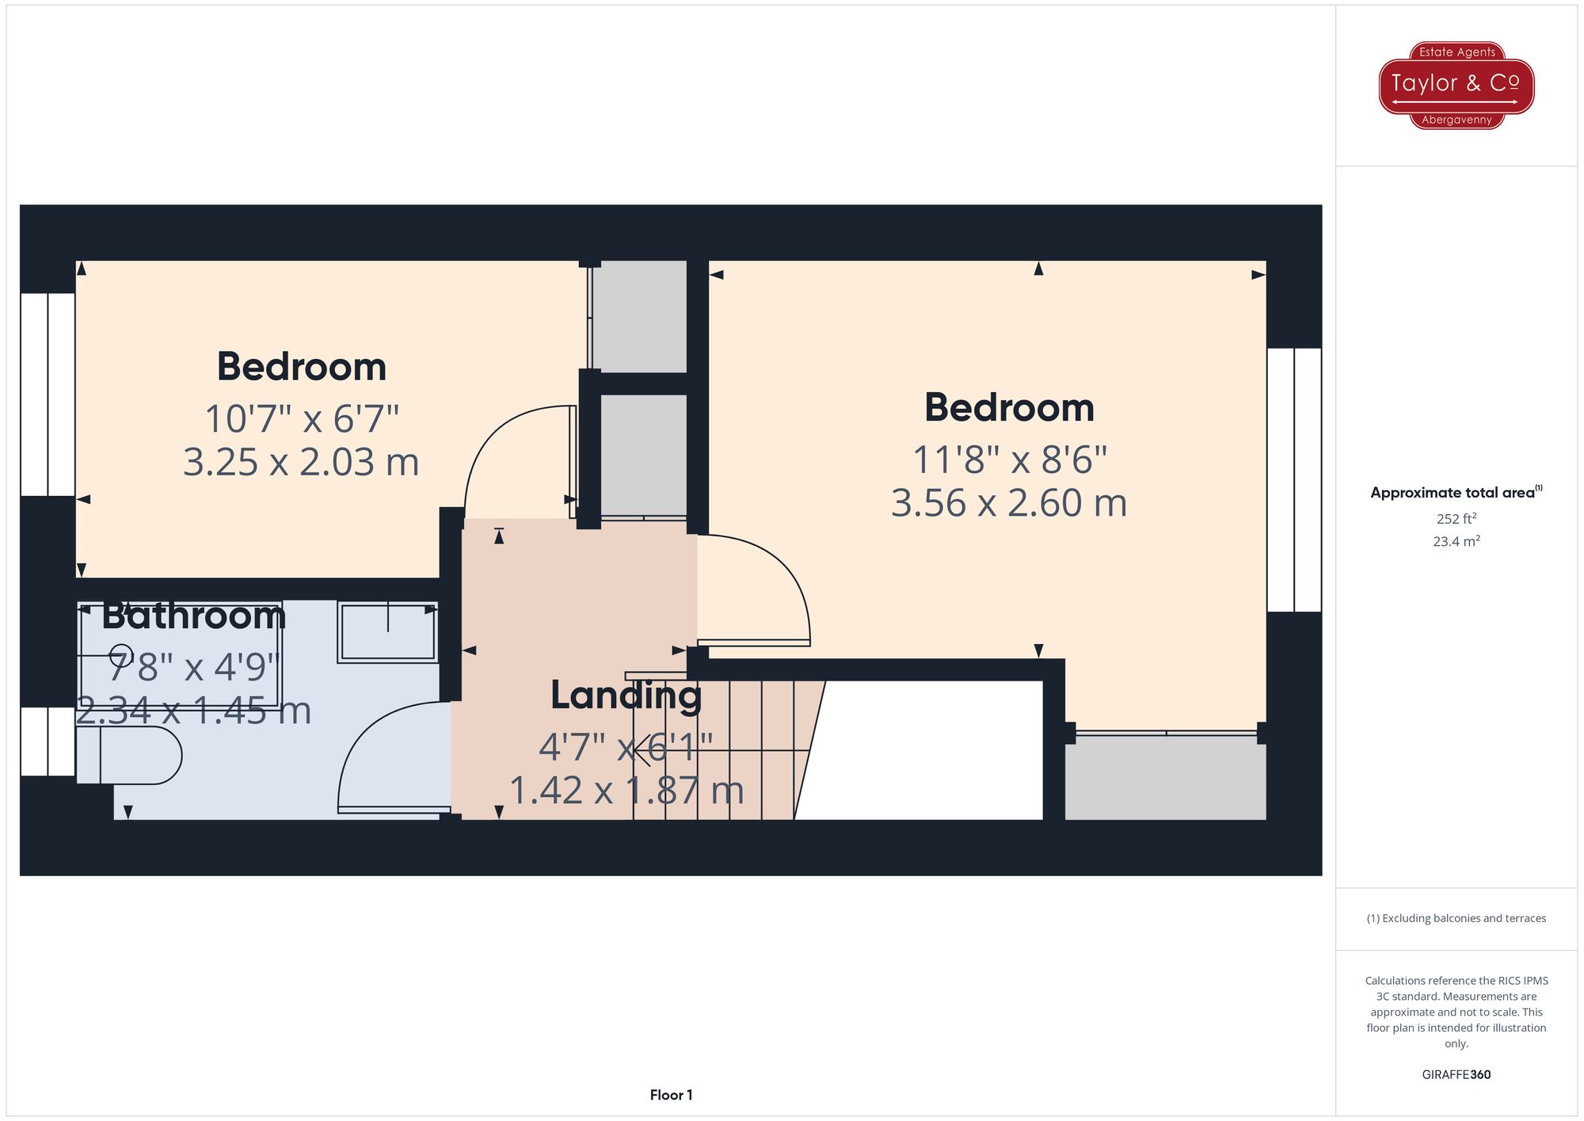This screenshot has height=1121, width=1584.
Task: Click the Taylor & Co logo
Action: click(1456, 86)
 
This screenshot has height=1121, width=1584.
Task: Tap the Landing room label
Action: click(626, 696)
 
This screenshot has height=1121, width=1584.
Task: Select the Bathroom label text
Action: click(193, 616)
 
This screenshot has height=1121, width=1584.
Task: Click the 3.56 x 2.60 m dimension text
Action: click(1009, 503)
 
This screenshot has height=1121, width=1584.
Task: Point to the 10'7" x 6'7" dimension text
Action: click(301, 419)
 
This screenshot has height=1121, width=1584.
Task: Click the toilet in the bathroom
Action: click(130, 755)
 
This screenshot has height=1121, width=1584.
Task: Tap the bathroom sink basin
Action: click(387, 632)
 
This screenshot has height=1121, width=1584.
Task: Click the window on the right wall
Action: click(1294, 479)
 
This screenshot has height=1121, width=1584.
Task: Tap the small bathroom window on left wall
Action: click(48, 742)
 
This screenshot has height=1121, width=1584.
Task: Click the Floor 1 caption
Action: click(671, 1095)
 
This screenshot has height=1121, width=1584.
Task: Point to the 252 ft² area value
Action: click(1456, 519)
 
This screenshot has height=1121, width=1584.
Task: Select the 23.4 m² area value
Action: click(1456, 542)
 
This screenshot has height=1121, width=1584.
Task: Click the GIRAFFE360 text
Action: click(1456, 1075)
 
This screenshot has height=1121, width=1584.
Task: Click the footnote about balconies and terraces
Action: click(1456, 918)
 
